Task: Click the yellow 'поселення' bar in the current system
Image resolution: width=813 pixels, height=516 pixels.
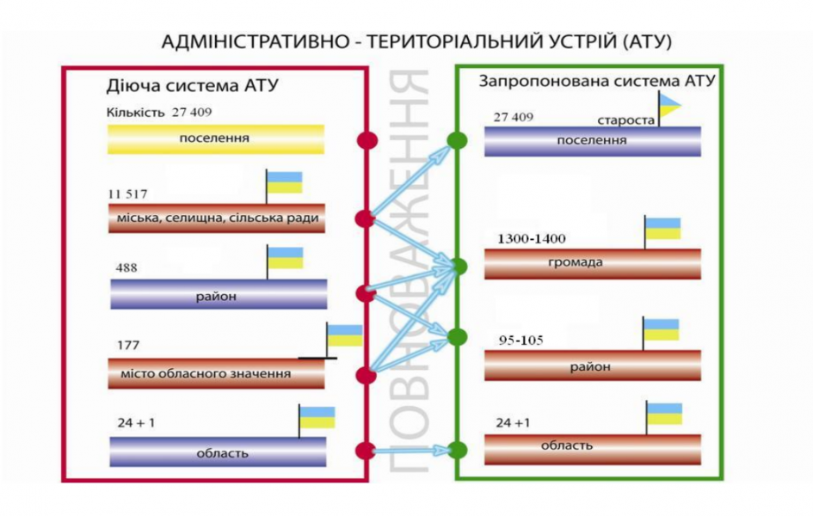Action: click(216, 138)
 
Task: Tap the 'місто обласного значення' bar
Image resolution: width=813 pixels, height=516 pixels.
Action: click(216, 373)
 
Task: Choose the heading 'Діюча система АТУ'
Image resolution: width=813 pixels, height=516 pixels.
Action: click(193, 86)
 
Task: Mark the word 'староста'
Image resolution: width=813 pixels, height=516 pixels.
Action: click(626, 120)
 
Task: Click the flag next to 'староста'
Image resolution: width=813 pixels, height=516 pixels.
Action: click(670, 106)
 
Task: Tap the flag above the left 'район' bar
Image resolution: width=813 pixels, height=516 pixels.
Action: click(285, 257)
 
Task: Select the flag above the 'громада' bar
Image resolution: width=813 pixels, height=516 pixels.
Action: click(663, 229)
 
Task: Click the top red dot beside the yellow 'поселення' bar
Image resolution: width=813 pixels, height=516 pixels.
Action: click(367, 140)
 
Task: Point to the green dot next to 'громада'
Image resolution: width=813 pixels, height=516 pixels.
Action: click(459, 266)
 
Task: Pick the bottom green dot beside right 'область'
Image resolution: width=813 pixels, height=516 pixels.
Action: click(459, 450)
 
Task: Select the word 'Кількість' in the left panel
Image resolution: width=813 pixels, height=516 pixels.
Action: click(135, 113)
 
